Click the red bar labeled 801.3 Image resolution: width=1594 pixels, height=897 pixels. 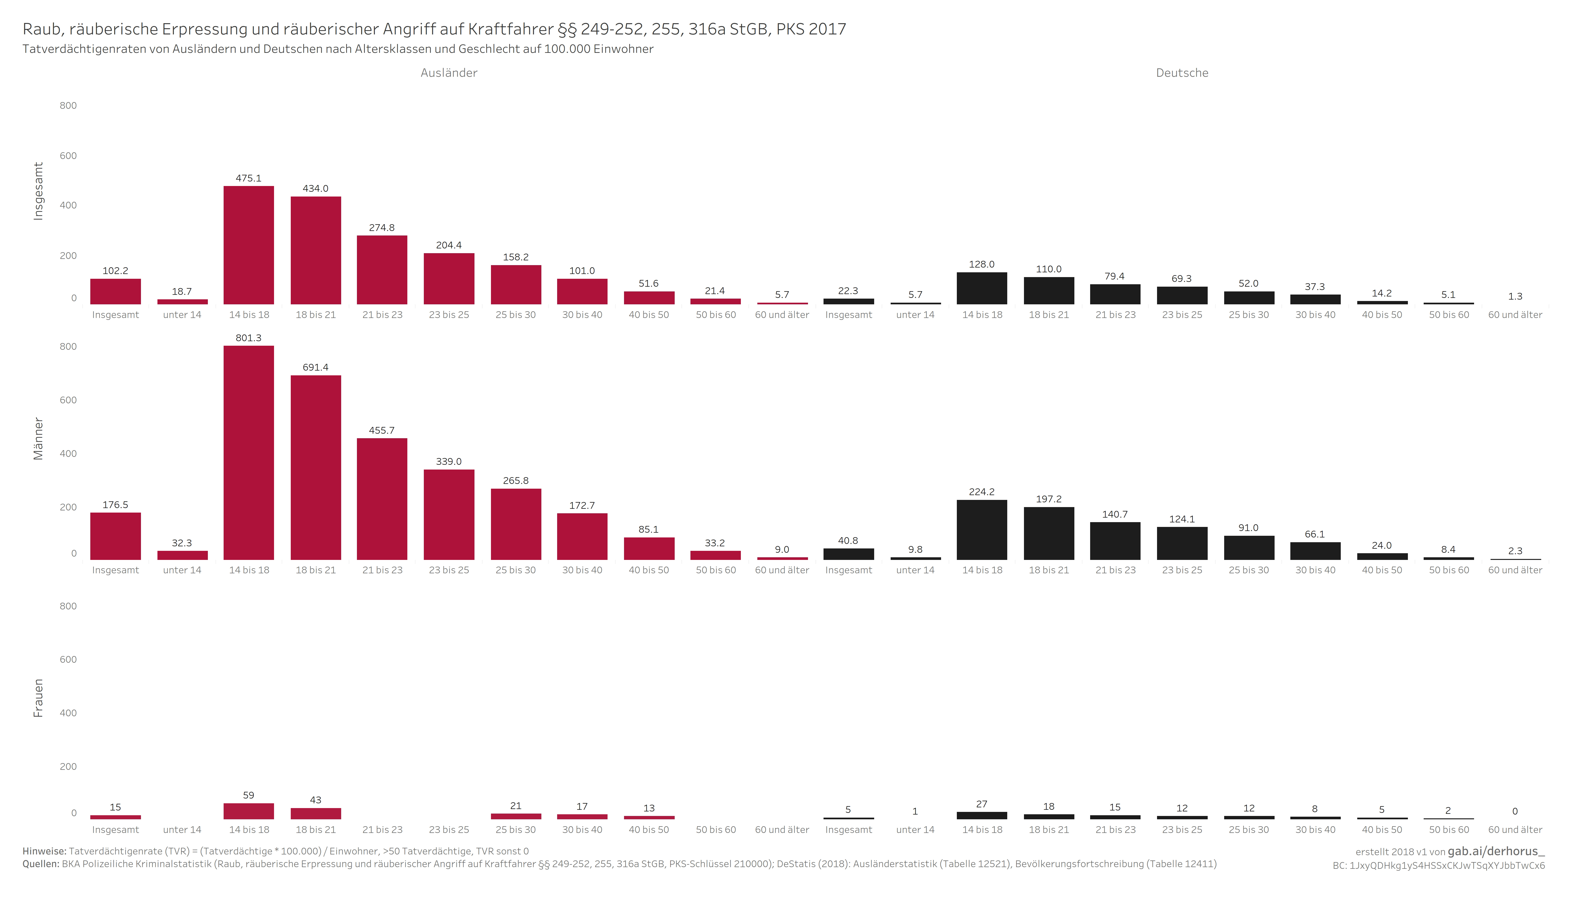pyautogui.click(x=249, y=453)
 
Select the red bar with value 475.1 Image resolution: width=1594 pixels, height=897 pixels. pyautogui.click(x=249, y=245)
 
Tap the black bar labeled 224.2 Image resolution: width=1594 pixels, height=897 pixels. pyautogui.click(x=982, y=530)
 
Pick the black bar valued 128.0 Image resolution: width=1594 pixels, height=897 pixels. pyautogui.click(x=982, y=289)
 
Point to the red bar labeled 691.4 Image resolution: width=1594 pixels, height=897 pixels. pyautogui.click(x=316, y=467)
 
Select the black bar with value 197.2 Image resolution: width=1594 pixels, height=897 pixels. pyautogui.click(x=1049, y=534)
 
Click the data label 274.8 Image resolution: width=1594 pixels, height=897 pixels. pyautogui.click(x=382, y=228)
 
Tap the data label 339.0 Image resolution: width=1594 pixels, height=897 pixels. pyautogui.click(x=449, y=462)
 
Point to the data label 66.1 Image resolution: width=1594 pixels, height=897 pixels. pyautogui.click(x=1315, y=534)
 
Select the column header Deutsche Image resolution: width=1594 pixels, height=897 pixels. pyautogui.click(x=1182, y=73)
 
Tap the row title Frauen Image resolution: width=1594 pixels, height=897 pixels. pyautogui.click(x=38, y=698)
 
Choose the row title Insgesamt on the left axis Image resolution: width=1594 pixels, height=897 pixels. pyautogui.click(x=38, y=191)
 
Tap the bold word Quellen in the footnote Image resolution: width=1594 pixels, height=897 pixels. pyautogui.click(x=41, y=864)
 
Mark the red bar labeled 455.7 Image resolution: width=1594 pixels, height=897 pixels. pyautogui.click(x=382, y=499)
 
